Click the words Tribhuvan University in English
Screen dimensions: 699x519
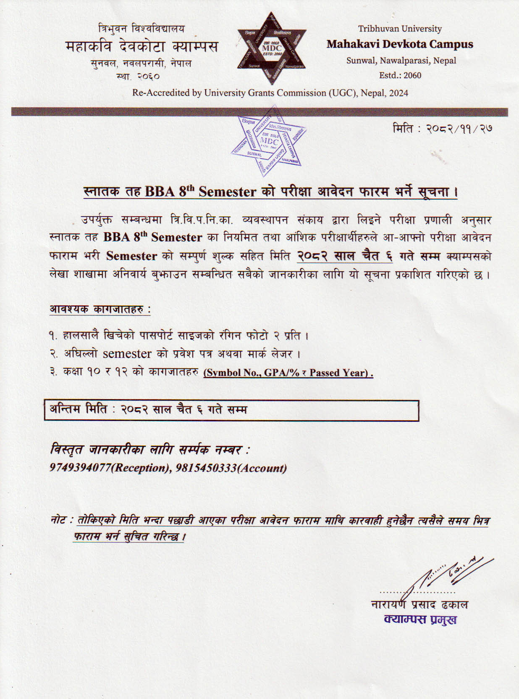pyautogui.click(x=399, y=29)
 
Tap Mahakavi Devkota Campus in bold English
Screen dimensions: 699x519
pyautogui.click(x=399, y=44)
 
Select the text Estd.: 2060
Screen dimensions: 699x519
pyautogui.click(x=400, y=75)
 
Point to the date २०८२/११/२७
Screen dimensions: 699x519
pyautogui.click(x=459, y=128)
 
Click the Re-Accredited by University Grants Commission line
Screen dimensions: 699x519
pyautogui.click(x=270, y=93)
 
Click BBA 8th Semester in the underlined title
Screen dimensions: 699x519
pyautogui.click(x=200, y=192)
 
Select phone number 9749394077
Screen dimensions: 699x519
pyautogui.click(x=80, y=468)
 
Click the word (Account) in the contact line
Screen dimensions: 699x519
pyautogui.click(x=262, y=468)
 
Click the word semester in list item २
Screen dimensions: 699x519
pyautogui.click(x=127, y=354)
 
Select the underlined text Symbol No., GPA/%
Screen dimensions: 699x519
pyautogui.click(x=252, y=373)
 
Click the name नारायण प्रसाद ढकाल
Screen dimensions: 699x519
pyautogui.click(x=419, y=605)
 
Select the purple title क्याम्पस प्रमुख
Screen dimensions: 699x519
pyautogui.click(x=420, y=620)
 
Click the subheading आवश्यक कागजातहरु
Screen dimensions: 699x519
pyautogui.click(x=99, y=309)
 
